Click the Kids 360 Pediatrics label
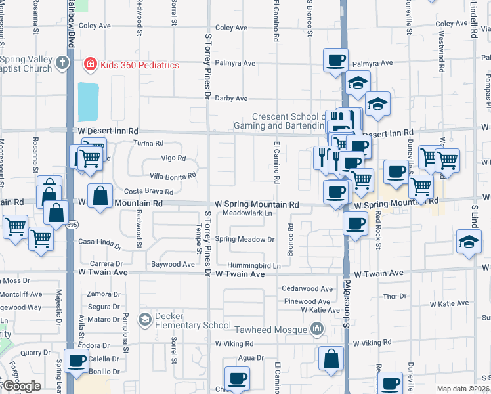pyautogui.click(x=139, y=65)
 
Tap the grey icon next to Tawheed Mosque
pyautogui.click(x=317, y=328)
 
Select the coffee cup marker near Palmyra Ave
pyautogui.click(x=335, y=61)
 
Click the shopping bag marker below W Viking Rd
pyautogui.click(x=331, y=359)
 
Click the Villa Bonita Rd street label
pyautogui.click(x=173, y=175)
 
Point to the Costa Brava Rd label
pyautogui.click(x=149, y=192)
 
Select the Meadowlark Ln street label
pyautogui.click(x=247, y=213)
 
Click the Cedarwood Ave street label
pyautogui.click(x=307, y=288)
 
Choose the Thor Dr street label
pyautogui.click(x=395, y=297)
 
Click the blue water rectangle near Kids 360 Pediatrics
pyautogui.click(x=88, y=102)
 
